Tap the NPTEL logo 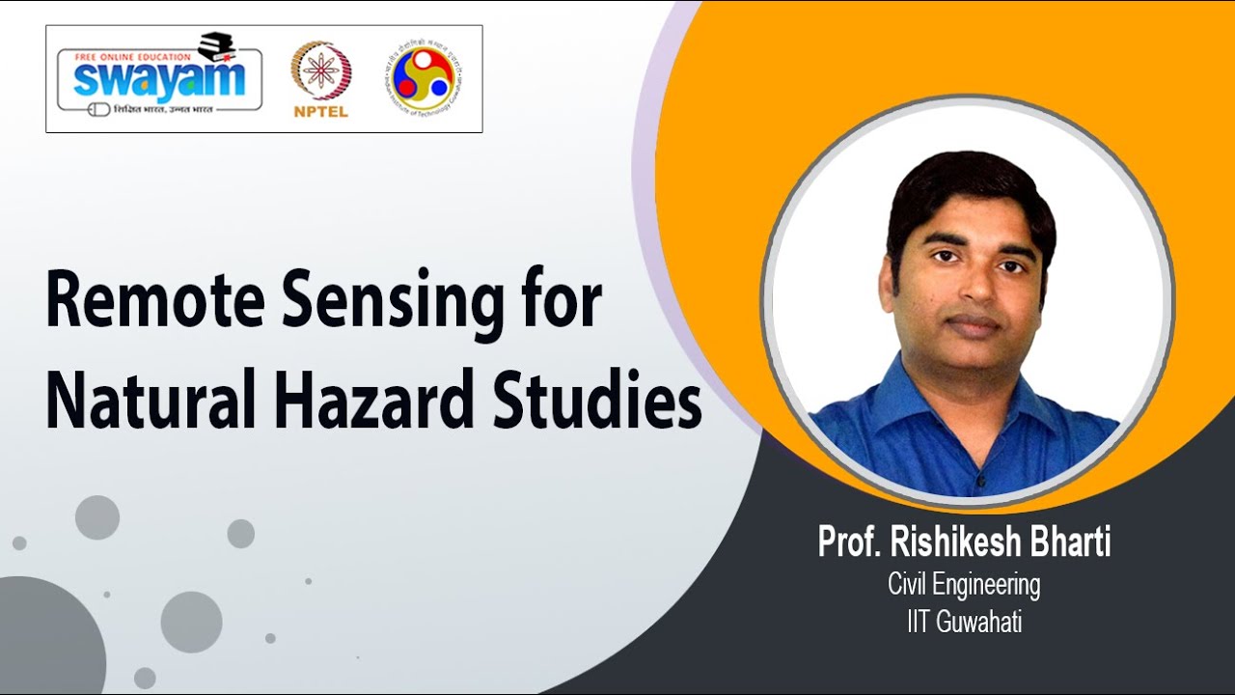pyautogui.click(x=320, y=77)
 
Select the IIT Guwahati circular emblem pyautogui.click(x=423, y=77)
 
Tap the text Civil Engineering pyautogui.click(x=964, y=585)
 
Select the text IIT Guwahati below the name pyautogui.click(x=964, y=623)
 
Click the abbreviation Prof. pyautogui.click(x=850, y=542)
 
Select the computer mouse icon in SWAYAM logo pyautogui.click(x=97, y=109)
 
